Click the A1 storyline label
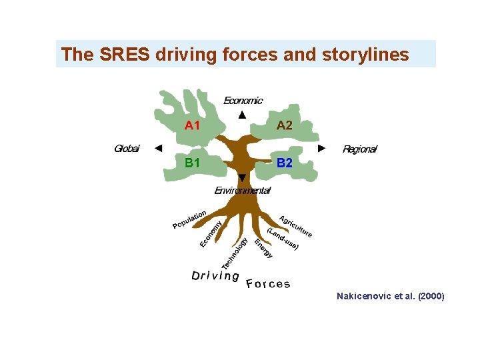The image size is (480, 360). pos(193,125)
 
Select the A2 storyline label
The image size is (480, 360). pos(285,125)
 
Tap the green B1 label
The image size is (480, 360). pos(193,163)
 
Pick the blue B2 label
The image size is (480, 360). pos(285,163)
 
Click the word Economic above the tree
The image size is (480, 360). pos(243,101)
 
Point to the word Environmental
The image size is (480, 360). pos(242,191)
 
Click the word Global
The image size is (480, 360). pos(127,149)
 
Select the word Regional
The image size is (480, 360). pos(359,149)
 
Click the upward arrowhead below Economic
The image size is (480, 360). pos(242,115)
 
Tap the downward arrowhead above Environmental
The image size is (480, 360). pos(242,177)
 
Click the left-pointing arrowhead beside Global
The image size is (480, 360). pos(158,148)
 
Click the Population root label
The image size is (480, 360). pos(189,219)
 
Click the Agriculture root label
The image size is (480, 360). pos(296,227)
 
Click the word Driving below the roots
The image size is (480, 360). pos(215,275)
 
